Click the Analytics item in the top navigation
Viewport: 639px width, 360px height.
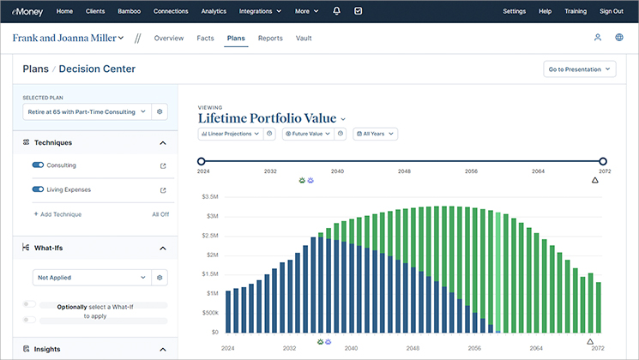click(x=214, y=11)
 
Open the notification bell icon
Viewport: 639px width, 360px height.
click(x=336, y=11)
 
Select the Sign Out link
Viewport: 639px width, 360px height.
click(x=612, y=11)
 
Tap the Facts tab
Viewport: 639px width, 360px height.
click(x=205, y=39)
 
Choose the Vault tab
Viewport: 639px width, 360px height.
click(x=304, y=39)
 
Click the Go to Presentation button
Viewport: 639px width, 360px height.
click(x=580, y=69)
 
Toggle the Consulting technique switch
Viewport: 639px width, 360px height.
click(x=38, y=165)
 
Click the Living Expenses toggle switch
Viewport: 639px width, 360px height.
click(x=38, y=189)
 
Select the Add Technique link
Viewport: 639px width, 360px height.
click(x=57, y=214)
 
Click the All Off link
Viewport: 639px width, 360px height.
click(x=160, y=214)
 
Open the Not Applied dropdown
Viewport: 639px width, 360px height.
click(x=92, y=278)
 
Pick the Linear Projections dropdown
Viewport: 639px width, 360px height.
click(x=230, y=134)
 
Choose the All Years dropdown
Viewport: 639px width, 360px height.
click(x=376, y=134)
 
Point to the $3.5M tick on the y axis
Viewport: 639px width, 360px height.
click(x=210, y=196)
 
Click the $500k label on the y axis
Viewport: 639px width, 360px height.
click(x=210, y=313)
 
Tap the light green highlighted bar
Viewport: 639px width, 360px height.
click(x=498, y=273)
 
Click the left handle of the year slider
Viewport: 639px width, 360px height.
click(x=201, y=161)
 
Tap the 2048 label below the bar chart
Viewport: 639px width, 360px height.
click(x=413, y=348)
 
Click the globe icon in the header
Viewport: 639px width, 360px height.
click(x=619, y=38)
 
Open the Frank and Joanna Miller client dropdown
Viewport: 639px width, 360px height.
click(x=68, y=38)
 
